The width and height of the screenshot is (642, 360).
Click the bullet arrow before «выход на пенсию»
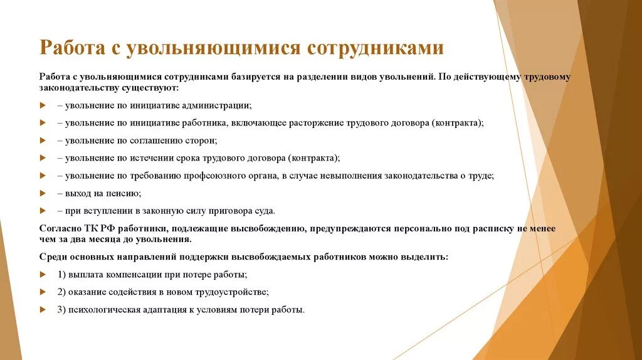43,193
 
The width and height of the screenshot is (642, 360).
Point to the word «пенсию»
124,193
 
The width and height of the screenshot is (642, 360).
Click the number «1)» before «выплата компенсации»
61,275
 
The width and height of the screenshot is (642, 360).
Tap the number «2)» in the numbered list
61,292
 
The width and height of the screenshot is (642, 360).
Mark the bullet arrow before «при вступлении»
43,211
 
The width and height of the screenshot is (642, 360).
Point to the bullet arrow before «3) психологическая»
43,310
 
